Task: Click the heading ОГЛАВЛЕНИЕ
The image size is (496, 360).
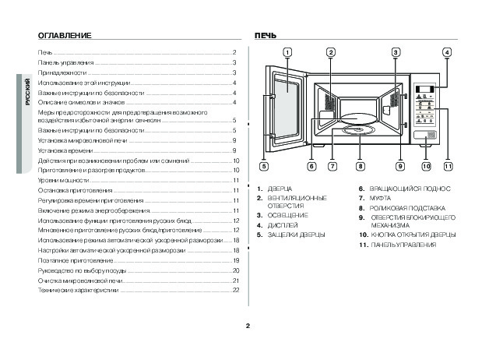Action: pos(65,37)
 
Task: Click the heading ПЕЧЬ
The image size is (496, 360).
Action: pos(266,37)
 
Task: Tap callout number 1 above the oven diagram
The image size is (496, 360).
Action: pos(287,52)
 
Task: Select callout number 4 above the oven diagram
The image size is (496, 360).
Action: pos(447,52)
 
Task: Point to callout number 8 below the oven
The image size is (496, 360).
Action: pos(361,166)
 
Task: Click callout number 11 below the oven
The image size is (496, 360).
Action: pos(449,166)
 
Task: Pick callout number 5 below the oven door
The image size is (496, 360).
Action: pos(264,166)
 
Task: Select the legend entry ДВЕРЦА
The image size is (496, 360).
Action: pos(280,189)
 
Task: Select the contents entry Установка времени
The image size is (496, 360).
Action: pos(62,149)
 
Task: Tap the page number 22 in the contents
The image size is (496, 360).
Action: pos(235,289)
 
